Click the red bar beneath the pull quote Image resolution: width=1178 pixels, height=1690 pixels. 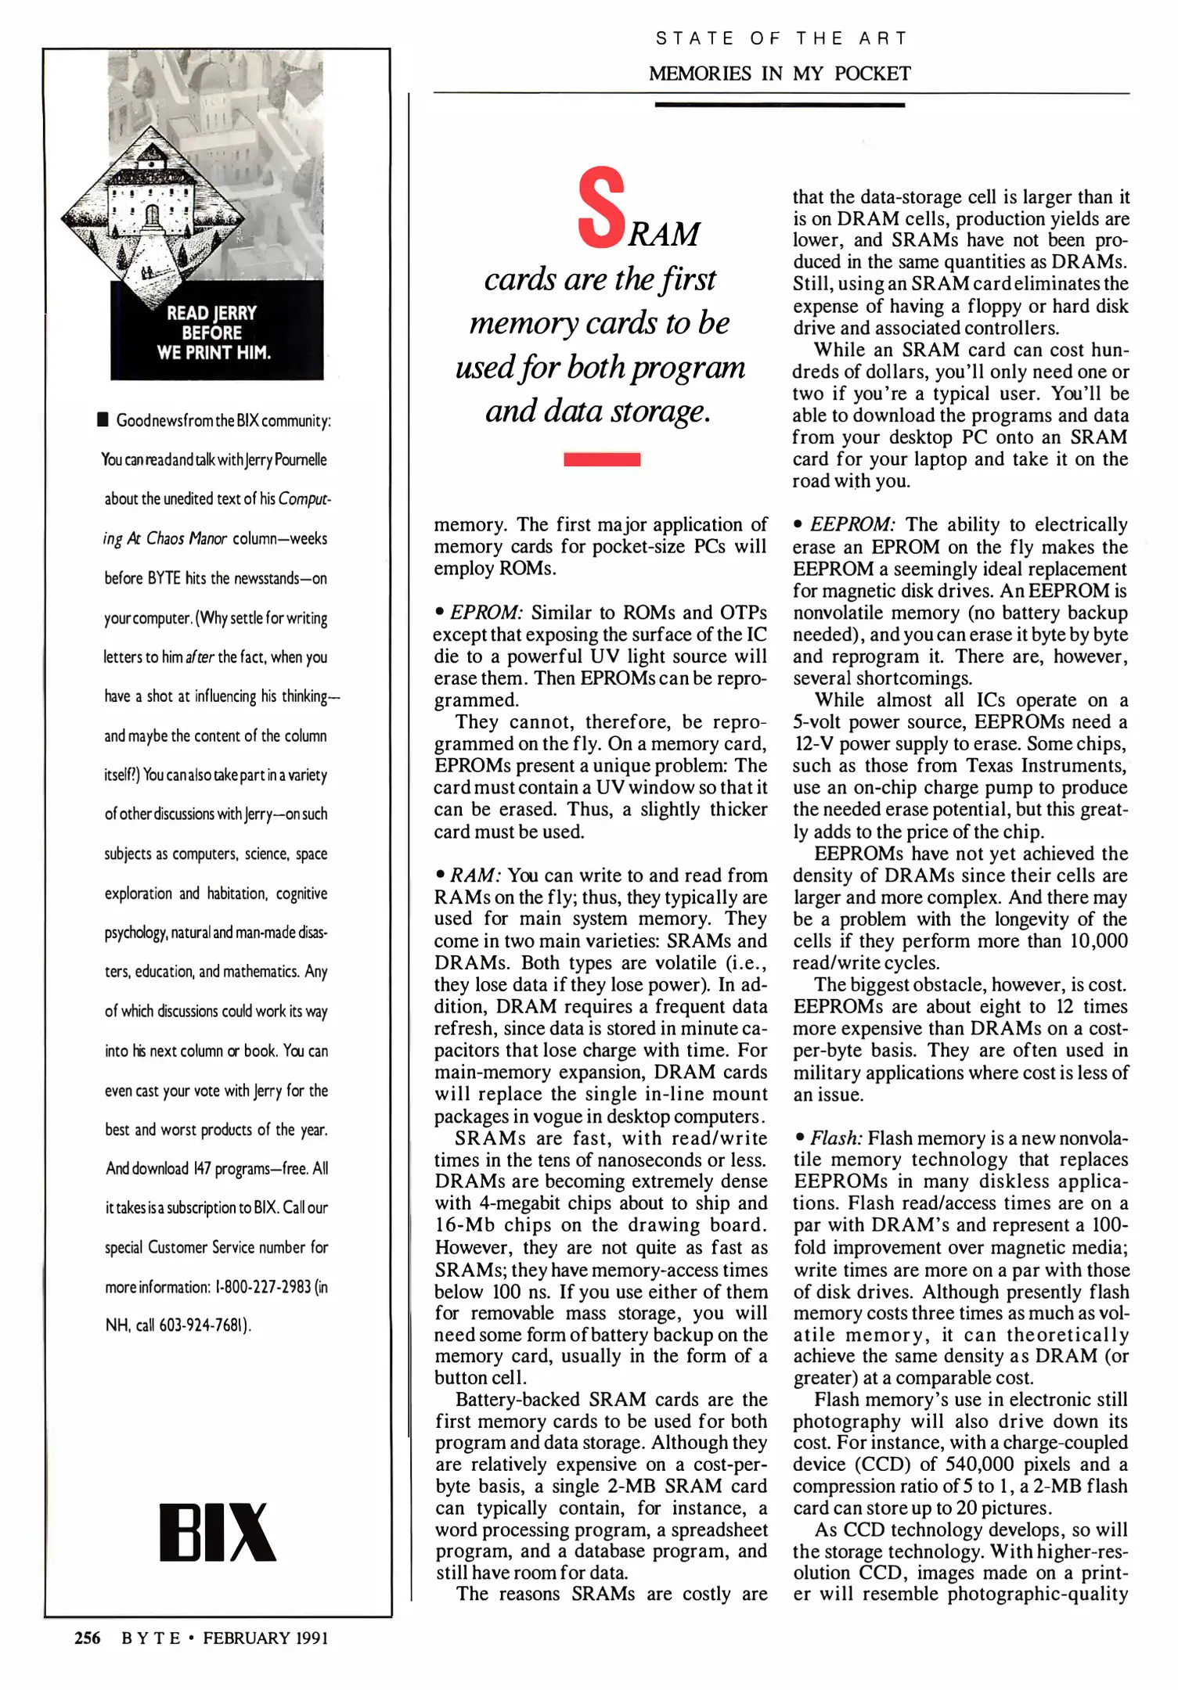pos(602,459)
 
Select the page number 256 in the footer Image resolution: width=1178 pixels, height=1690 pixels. pos(87,1638)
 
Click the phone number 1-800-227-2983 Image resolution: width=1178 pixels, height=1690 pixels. pos(262,1286)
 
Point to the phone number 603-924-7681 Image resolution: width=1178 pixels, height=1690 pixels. pos(204,1325)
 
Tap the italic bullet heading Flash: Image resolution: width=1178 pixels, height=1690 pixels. pos(836,1138)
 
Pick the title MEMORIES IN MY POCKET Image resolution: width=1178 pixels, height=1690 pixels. pos(780,74)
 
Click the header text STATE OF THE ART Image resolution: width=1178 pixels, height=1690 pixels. pos(780,38)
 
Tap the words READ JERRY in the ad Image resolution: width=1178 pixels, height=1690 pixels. pos(211,313)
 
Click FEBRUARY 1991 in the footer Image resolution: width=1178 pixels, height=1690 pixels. pos(265,1638)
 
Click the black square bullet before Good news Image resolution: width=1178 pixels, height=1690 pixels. pos(103,420)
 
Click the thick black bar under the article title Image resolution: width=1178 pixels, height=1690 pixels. pos(780,104)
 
